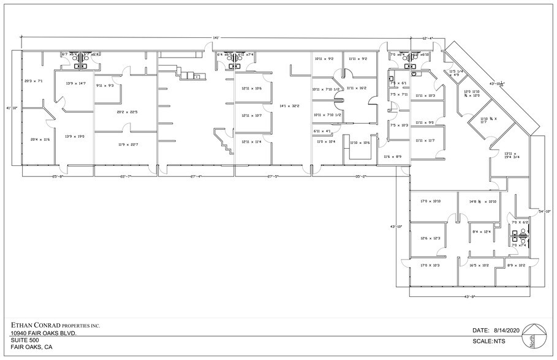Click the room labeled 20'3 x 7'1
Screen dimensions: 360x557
coord(33,81)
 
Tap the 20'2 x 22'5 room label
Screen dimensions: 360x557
coord(127,112)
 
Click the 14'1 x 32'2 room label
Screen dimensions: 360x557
coord(289,106)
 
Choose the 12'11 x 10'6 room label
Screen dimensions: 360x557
coord(251,89)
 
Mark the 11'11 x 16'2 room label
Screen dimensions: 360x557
coord(356,88)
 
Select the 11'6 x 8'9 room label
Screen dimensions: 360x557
coord(392,157)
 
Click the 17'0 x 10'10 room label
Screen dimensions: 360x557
coord(431,201)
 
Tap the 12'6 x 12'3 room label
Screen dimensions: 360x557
coord(431,238)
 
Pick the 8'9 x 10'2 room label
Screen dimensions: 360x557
coord(517,265)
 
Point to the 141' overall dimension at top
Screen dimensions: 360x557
coord(216,38)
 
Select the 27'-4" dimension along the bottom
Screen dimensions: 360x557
coord(197,176)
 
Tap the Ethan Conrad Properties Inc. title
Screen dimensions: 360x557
coord(55,325)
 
